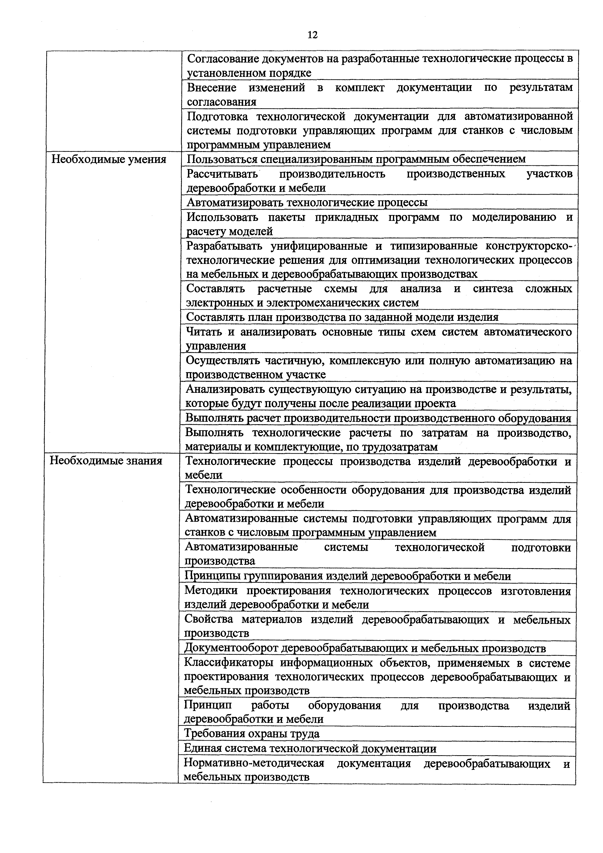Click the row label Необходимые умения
108,159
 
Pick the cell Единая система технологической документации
310,748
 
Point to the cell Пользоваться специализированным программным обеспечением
356,159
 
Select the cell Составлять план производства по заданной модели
342,317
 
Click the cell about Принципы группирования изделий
347,576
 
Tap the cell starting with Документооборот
365,648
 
